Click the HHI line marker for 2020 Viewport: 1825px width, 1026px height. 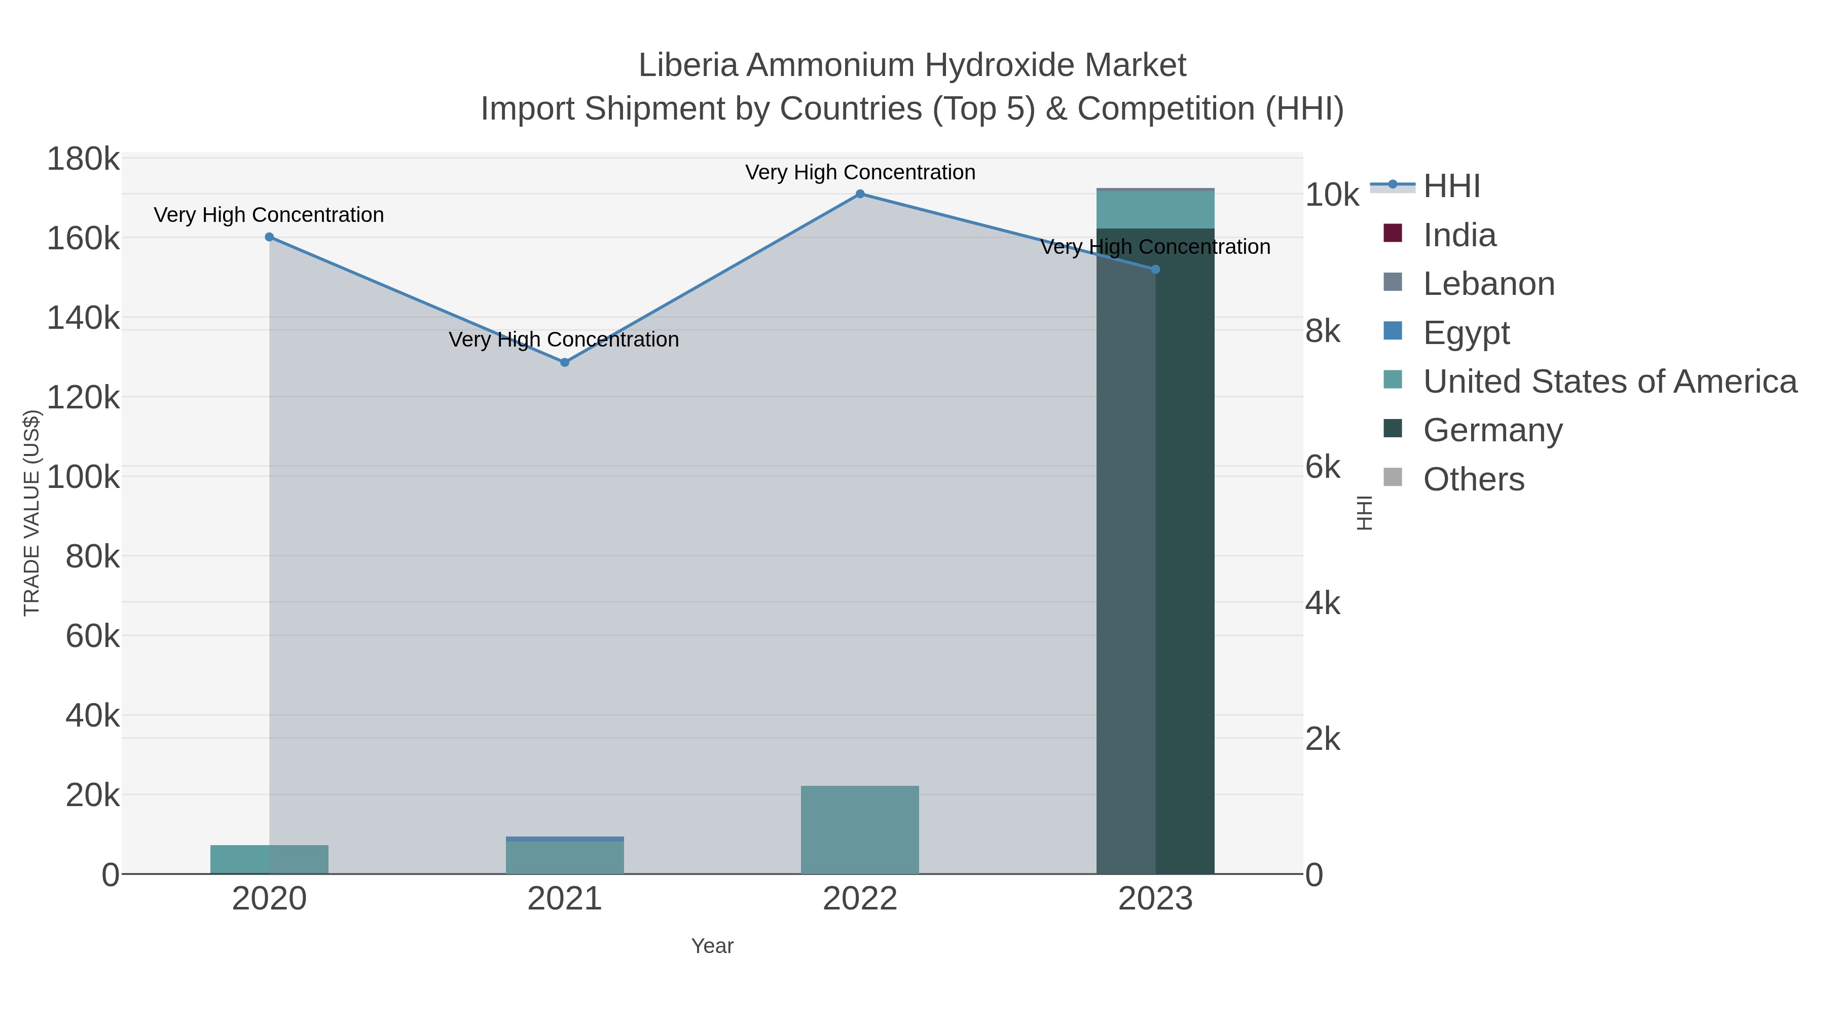[x=269, y=237]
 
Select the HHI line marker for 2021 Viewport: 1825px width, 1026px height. [x=565, y=363]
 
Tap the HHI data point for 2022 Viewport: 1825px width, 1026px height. [x=860, y=194]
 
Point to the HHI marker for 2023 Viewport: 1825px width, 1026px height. [x=1155, y=270]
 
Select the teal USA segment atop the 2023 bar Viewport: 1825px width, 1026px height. [x=1155, y=210]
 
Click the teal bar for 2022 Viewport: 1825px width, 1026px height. [x=860, y=830]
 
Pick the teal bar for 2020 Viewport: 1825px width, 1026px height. [x=269, y=860]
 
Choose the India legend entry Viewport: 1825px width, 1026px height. [x=1459, y=235]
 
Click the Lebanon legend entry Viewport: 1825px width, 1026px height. [x=1488, y=284]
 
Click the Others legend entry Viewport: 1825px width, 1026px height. [x=1474, y=479]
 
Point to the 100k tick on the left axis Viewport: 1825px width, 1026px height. [x=84, y=477]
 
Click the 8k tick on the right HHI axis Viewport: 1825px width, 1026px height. [x=1323, y=331]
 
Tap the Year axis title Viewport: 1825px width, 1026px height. [x=712, y=946]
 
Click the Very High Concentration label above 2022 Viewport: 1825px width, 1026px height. [x=860, y=173]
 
